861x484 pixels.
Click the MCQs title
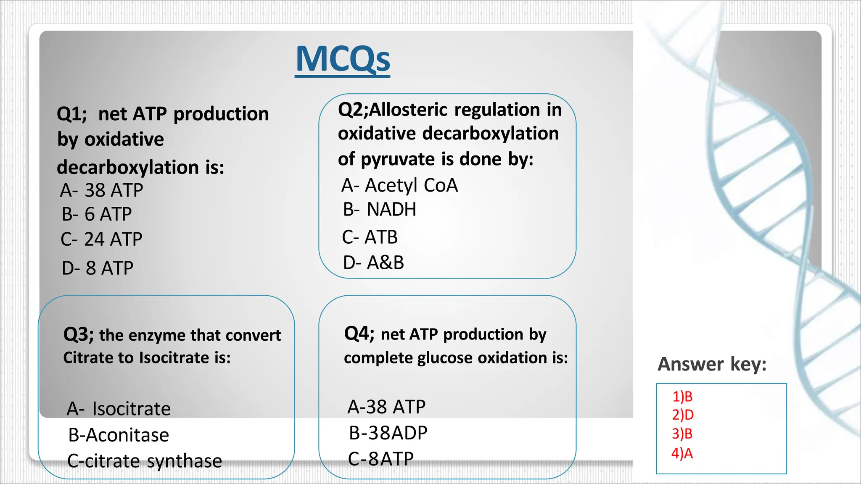coord(343,60)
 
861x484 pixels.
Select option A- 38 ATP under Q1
coord(101,190)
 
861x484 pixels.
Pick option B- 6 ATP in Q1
coord(97,215)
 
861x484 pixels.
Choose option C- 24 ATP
coord(101,239)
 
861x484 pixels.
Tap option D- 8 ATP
coord(98,268)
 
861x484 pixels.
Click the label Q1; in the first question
coord(72,114)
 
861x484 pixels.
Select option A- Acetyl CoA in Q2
coord(399,185)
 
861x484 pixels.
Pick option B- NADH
coord(380,210)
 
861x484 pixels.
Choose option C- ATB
coord(370,237)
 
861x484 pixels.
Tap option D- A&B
coord(373,263)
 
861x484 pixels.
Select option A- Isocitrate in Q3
coord(119,409)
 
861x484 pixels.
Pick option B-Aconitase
coord(119,435)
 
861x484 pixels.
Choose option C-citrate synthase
coord(144,461)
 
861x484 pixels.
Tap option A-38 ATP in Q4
coord(386,407)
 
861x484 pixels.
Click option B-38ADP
coord(388,433)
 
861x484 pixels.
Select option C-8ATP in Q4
coord(381,459)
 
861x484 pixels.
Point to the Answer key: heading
coord(712,364)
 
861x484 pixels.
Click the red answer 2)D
coord(682,415)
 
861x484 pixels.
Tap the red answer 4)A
coord(682,454)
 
